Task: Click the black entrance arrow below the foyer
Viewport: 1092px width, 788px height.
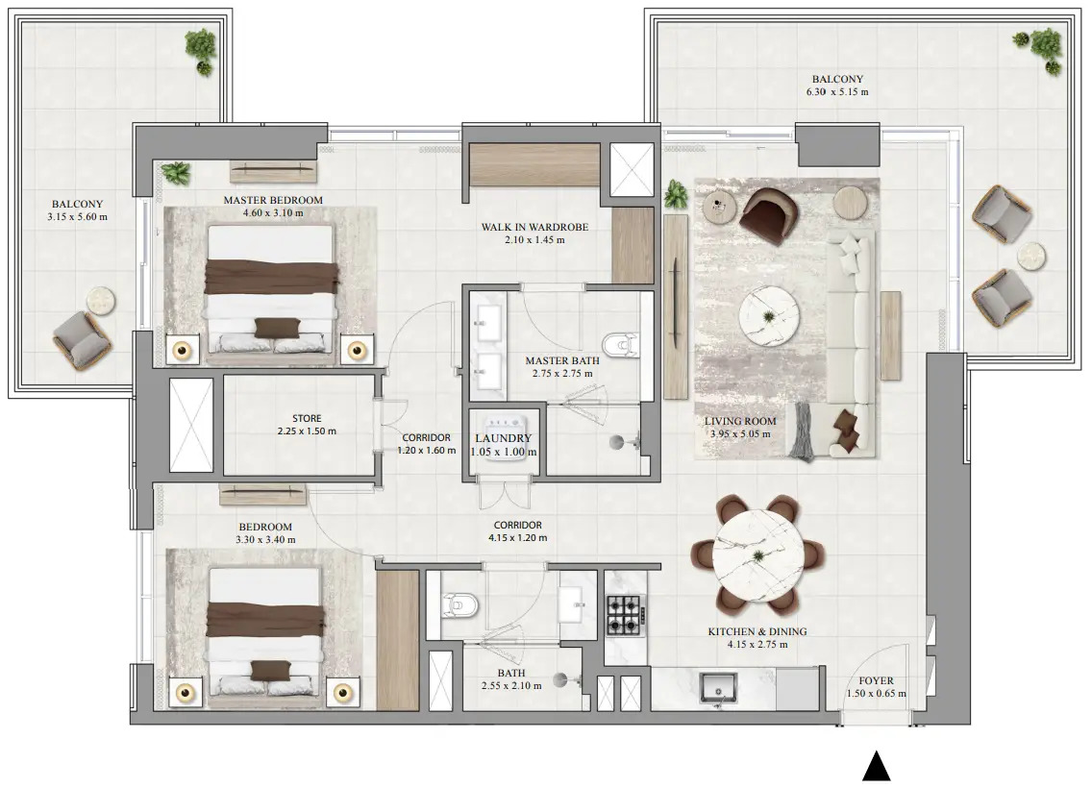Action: point(875,767)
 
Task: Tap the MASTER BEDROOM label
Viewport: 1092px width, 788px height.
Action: point(273,200)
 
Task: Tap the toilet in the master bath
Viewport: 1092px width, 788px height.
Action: point(617,343)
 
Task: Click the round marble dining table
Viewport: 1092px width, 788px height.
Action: point(758,554)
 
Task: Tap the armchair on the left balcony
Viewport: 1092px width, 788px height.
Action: point(81,337)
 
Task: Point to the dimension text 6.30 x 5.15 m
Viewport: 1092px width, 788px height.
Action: point(836,93)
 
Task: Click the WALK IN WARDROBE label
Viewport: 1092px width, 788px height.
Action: point(534,228)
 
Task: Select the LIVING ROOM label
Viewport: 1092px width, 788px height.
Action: point(740,421)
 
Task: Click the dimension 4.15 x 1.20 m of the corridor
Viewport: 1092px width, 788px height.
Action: point(517,538)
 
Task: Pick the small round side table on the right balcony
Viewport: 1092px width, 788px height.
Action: point(1031,256)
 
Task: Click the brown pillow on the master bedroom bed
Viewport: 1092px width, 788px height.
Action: point(272,327)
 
